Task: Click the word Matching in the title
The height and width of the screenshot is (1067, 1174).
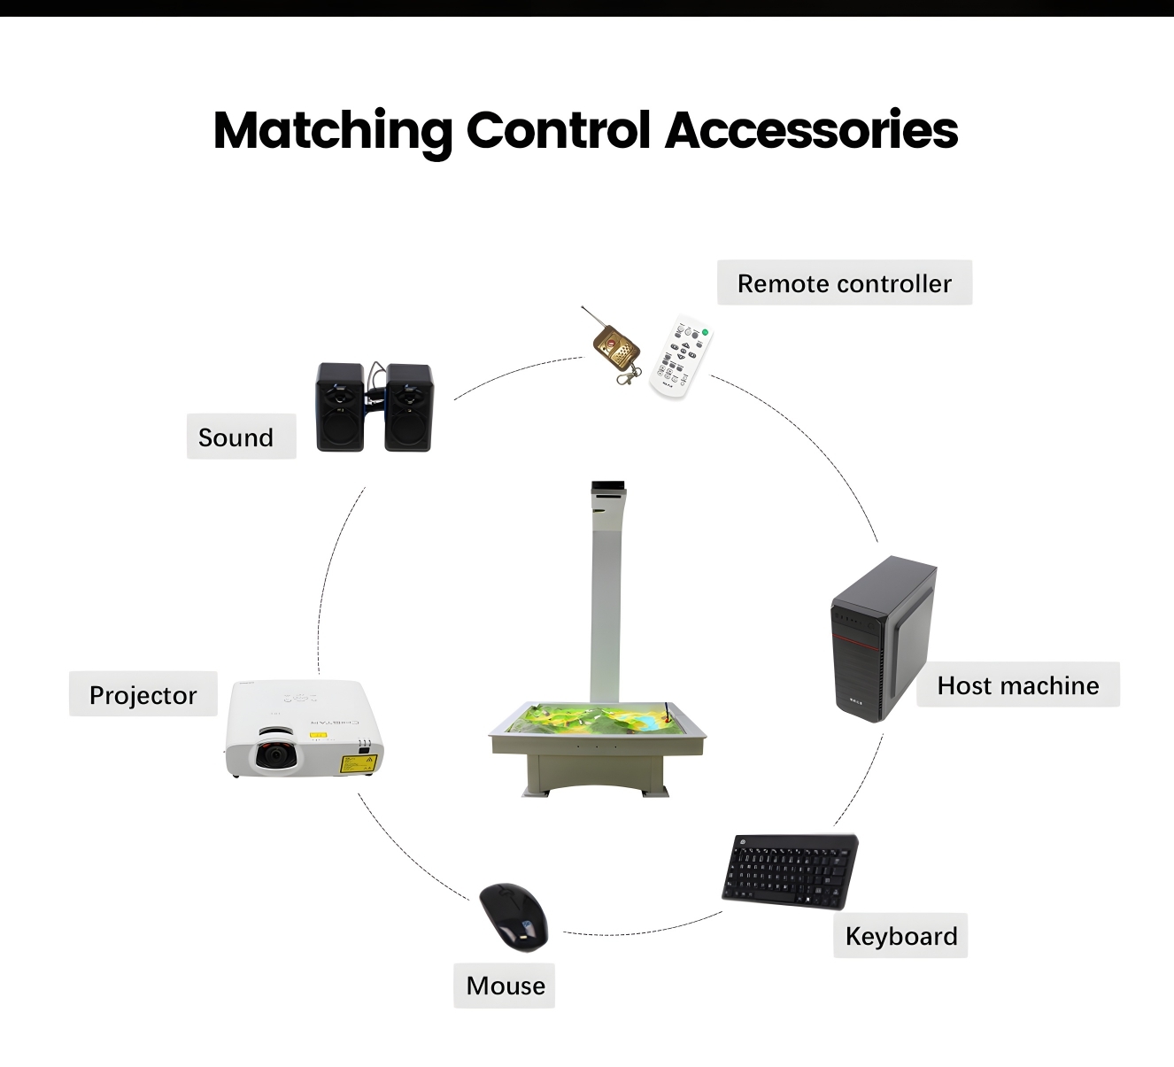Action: click(332, 131)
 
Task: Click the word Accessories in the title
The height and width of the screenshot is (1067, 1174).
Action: click(811, 130)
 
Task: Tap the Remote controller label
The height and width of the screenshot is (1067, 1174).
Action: click(845, 283)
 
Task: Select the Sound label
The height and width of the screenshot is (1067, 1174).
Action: click(241, 437)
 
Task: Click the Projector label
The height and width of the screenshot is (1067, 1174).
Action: click(143, 695)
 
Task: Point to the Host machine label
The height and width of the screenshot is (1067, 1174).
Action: click(1018, 685)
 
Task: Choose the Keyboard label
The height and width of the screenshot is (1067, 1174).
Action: click(900, 936)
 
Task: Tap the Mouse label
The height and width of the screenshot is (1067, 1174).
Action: click(505, 986)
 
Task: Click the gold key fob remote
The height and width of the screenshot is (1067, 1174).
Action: click(614, 349)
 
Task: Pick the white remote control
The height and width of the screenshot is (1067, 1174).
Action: click(681, 357)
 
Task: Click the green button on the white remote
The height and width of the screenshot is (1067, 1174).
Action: click(706, 332)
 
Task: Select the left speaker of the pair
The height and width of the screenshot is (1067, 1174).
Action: click(339, 407)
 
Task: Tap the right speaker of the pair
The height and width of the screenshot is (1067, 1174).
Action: click(408, 408)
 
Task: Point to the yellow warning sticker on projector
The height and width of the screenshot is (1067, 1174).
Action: click(359, 763)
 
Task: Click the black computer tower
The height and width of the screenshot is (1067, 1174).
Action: click(883, 638)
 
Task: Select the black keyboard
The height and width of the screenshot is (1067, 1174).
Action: click(790, 871)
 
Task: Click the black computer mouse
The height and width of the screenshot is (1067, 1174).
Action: click(514, 917)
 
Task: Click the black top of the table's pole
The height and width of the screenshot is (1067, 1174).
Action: click(608, 486)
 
